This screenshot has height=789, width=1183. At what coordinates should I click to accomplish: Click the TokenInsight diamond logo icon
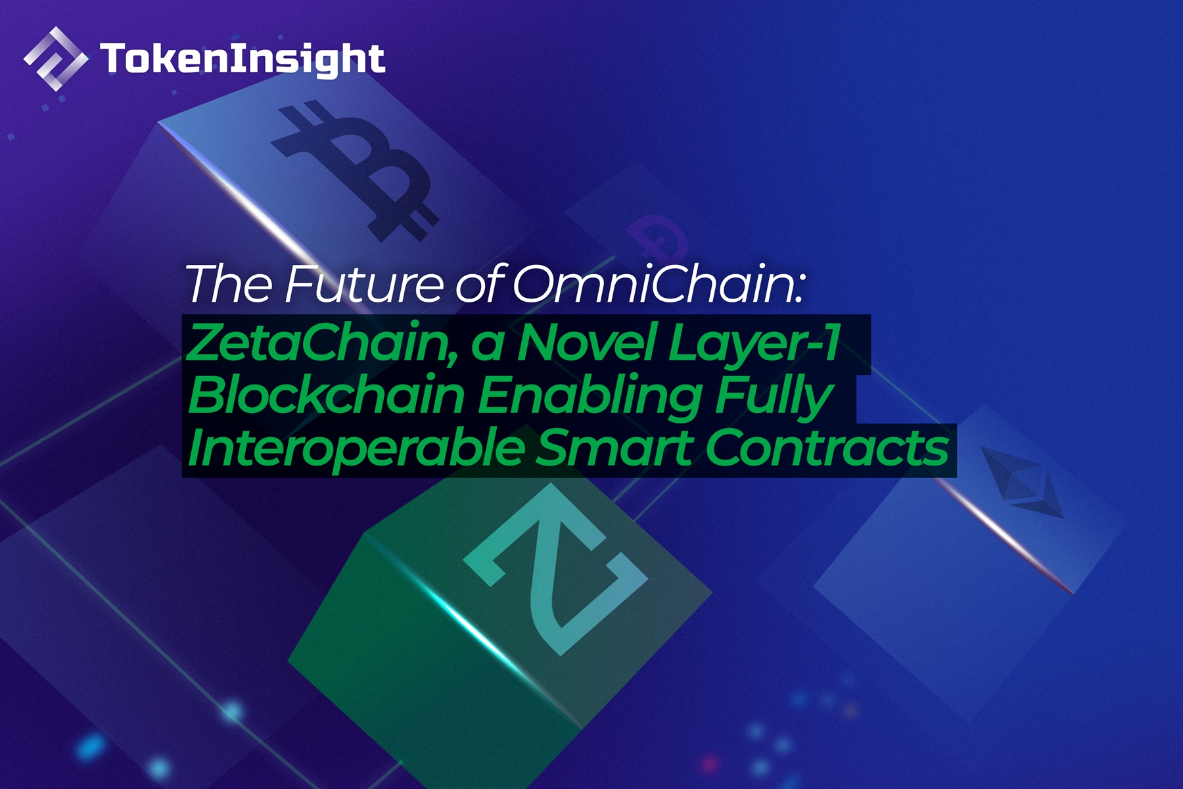pyautogui.click(x=55, y=59)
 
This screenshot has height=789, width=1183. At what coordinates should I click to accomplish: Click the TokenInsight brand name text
pyautogui.click(x=242, y=59)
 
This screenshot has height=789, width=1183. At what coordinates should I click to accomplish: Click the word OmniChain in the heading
pyautogui.click(x=657, y=285)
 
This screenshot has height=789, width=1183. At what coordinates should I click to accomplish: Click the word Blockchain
pyautogui.click(x=326, y=396)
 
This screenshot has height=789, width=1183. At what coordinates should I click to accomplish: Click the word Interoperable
pyautogui.click(x=356, y=449)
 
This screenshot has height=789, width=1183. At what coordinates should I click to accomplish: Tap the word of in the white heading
pyautogui.click(x=479, y=285)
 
